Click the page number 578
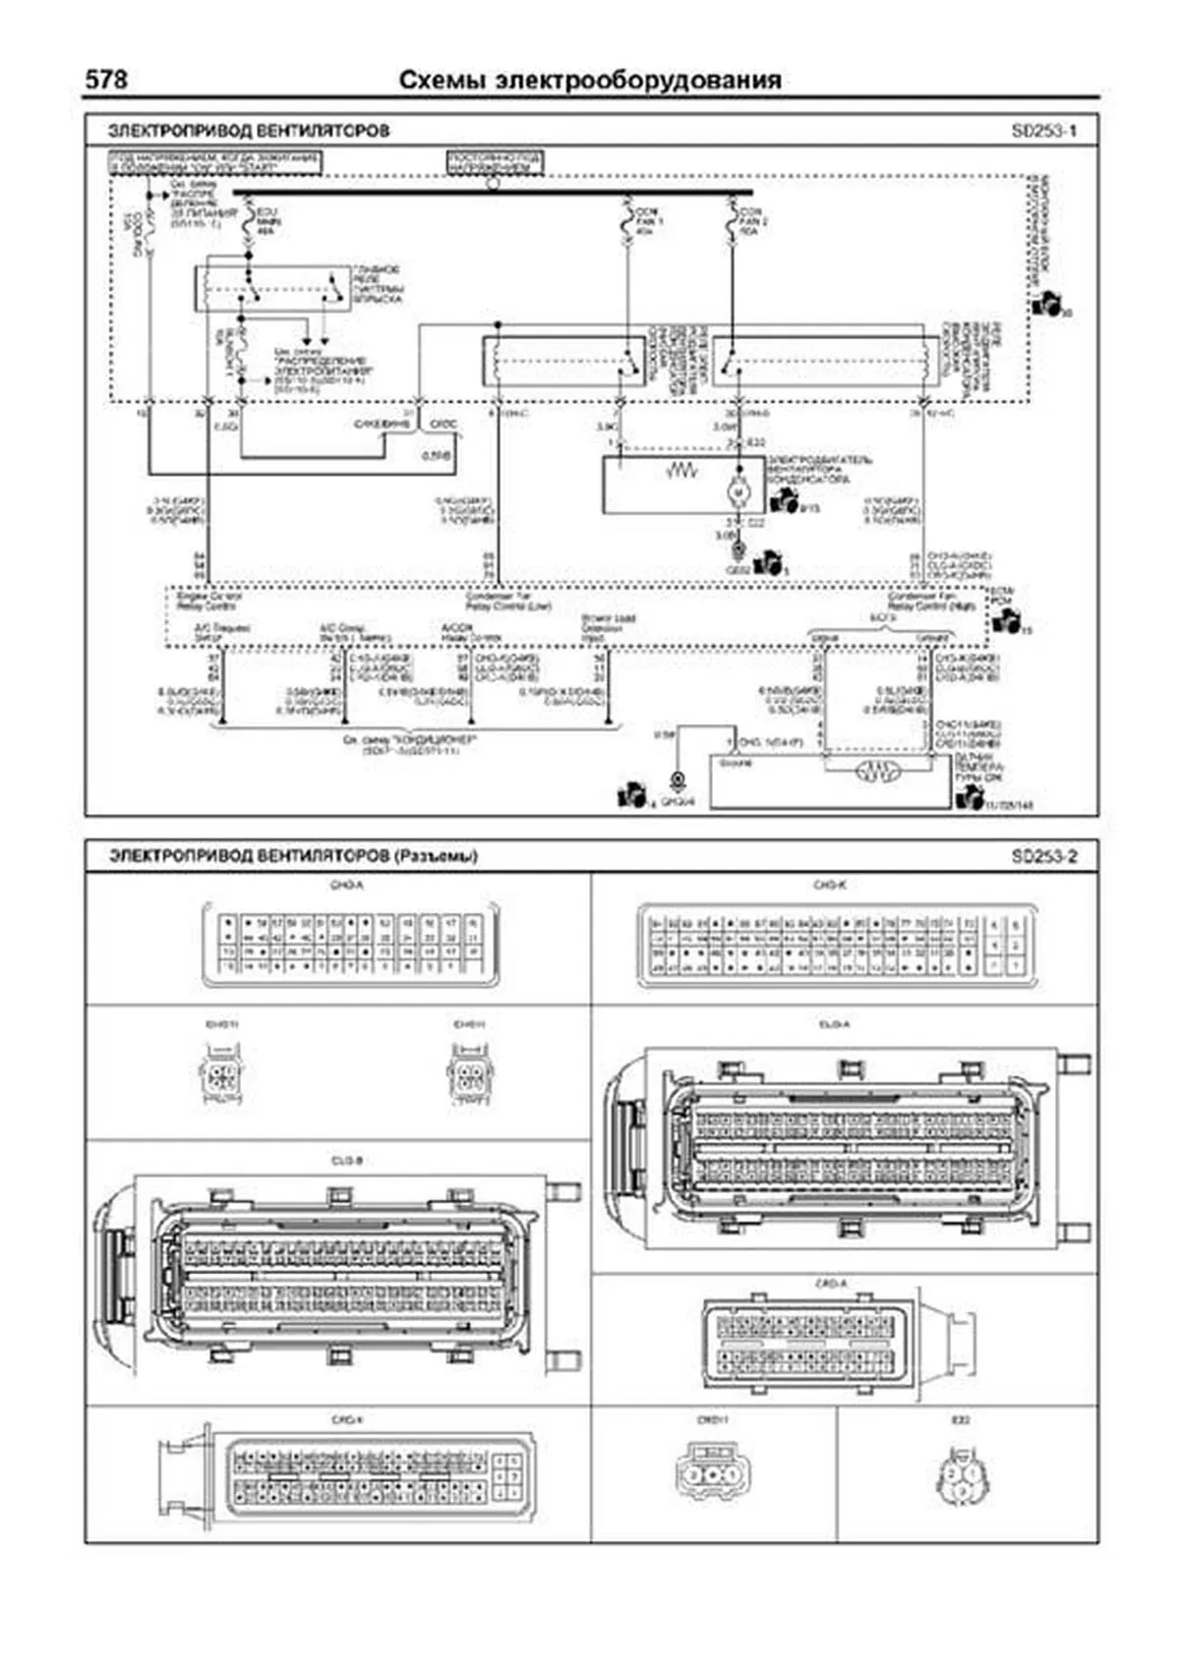(x=106, y=80)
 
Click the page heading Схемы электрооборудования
(x=590, y=81)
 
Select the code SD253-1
(x=1043, y=131)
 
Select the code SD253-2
(x=1043, y=856)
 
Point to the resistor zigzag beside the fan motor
(x=680, y=472)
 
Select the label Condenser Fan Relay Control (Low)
(x=507, y=601)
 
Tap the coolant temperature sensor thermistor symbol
(x=872, y=773)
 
